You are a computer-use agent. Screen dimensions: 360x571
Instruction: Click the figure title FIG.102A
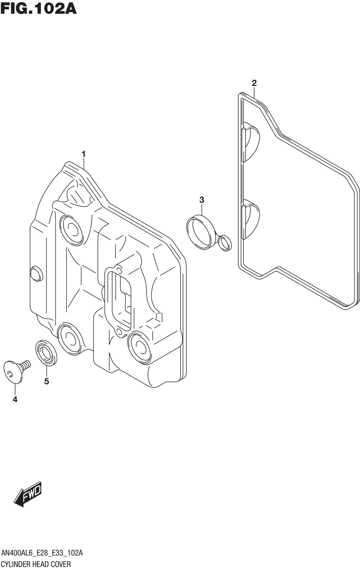coord(39,8)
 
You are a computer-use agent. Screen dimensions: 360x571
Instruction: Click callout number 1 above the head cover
coord(84,155)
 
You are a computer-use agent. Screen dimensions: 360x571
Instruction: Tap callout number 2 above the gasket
coord(254,83)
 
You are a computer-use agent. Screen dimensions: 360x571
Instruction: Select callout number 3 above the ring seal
coord(202,200)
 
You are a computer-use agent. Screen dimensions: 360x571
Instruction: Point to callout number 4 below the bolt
coord(15,399)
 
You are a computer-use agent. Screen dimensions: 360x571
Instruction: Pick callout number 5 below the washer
coord(46,381)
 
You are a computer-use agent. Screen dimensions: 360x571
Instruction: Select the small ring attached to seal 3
coord(225,243)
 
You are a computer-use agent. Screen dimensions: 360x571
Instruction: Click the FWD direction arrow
coord(28,494)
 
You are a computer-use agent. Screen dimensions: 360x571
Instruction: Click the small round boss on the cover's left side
coord(36,274)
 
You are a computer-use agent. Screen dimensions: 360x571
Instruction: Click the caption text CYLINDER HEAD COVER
coord(36,564)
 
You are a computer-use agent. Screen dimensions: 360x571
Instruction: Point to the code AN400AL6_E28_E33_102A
coord(42,553)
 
